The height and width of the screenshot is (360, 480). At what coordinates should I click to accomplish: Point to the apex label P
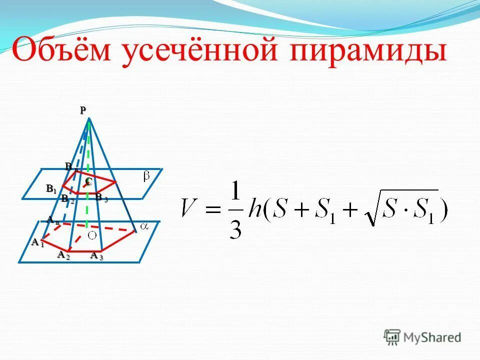point(82,110)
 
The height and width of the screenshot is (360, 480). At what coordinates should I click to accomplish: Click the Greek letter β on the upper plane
point(147,176)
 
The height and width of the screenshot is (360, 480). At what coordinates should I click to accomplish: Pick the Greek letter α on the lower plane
point(144,226)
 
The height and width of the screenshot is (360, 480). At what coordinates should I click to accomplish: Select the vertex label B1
point(51,189)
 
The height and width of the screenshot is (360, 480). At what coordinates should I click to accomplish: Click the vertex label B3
point(101,198)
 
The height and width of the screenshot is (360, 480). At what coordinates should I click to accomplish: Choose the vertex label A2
point(63,255)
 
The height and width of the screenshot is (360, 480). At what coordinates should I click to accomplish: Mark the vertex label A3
point(96,256)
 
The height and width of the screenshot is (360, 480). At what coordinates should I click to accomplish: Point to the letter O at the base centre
point(91,235)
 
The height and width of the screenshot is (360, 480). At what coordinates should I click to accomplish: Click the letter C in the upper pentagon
point(88,182)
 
